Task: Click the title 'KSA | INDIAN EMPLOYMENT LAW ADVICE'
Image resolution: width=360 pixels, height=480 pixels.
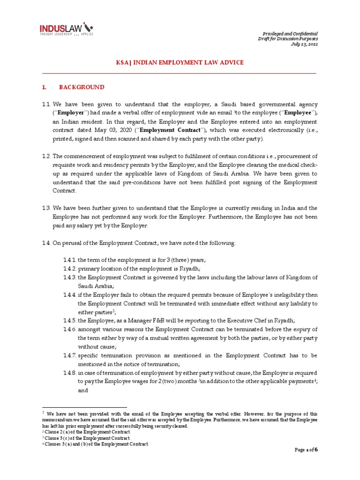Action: click(x=180, y=62)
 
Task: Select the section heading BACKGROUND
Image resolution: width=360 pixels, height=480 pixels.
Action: click(x=81, y=87)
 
